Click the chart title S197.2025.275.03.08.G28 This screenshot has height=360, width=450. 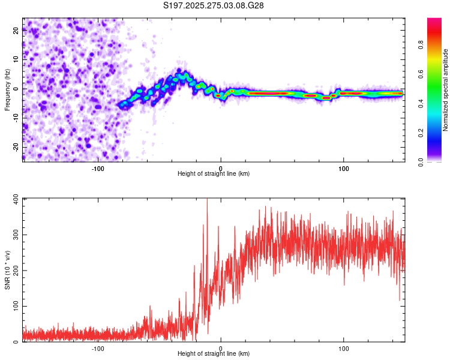tap(214, 5)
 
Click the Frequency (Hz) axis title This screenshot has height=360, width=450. tap(7, 89)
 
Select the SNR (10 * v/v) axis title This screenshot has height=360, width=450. tap(7, 269)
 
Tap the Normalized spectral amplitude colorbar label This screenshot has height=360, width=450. tap(446, 90)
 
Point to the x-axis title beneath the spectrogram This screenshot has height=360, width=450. tap(214, 173)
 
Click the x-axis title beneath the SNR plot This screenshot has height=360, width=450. tap(214, 353)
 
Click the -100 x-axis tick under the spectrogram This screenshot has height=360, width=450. tap(98, 169)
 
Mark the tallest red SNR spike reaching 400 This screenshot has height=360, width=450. tap(207, 200)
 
